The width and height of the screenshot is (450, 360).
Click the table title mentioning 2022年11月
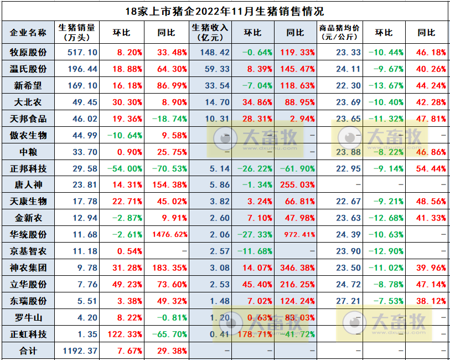pos(225,11)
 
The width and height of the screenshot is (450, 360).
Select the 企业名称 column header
pos(28,33)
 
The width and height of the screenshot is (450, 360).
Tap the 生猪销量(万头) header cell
pos(77,33)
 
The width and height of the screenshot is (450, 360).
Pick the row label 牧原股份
pos(28,53)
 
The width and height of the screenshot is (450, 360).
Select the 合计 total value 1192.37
pos(80,351)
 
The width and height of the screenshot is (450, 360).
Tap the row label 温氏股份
pos(28,69)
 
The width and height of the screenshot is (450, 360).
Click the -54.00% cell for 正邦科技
pos(125,168)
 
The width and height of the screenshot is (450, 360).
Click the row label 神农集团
pos(28,268)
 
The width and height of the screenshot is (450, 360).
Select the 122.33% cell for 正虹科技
pos(125,334)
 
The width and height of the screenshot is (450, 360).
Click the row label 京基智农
pos(28,251)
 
